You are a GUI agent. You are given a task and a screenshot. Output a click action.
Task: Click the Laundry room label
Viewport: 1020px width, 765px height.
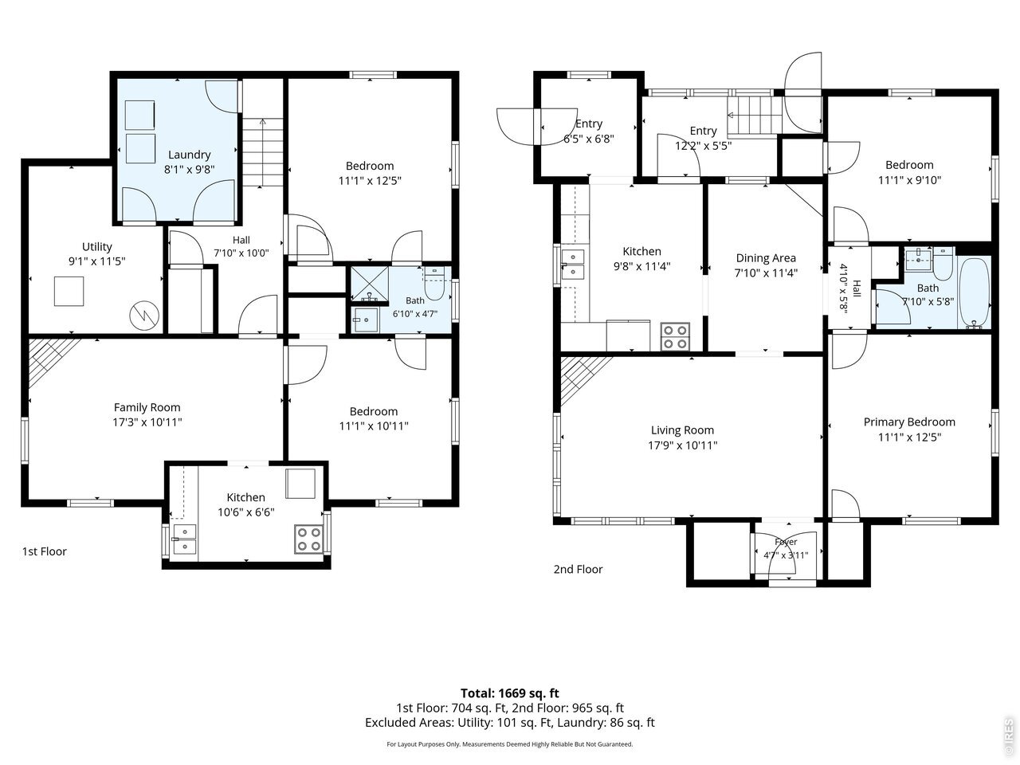click(189, 155)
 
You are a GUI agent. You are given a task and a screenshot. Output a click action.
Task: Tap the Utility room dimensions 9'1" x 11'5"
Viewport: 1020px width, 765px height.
click(97, 261)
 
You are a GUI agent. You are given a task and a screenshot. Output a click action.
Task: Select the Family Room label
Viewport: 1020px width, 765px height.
click(147, 407)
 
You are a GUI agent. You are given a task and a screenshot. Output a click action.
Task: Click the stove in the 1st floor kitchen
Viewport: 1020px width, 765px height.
click(308, 539)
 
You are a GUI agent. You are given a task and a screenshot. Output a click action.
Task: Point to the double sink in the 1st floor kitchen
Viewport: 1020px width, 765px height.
click(185, 539)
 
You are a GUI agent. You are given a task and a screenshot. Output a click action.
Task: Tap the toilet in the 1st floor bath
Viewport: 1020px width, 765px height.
click(434, 284)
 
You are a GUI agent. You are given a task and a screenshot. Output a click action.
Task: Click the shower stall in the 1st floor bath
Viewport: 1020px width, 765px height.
click(369, 284)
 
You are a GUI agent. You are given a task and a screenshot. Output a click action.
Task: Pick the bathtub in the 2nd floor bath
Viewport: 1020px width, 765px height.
click(974, 292)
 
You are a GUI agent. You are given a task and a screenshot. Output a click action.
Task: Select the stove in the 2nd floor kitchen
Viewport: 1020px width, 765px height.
click(675, 337)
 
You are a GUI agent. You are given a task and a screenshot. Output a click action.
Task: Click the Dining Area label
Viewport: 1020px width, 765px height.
click(766, 257)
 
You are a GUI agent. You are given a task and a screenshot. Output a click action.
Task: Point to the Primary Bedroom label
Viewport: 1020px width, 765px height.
click(909, 422)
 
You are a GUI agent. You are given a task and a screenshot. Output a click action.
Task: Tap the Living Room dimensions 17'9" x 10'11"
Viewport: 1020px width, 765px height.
click(683, 445)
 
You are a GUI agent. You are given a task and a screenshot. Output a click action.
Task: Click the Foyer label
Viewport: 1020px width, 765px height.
click(786, 542)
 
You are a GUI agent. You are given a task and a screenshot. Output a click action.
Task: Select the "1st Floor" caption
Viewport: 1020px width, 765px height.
click(45, 551)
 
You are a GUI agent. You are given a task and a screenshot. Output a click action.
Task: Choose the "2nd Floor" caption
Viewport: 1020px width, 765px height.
click(578, 569)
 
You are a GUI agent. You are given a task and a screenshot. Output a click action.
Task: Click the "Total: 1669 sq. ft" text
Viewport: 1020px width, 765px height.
click(510, 693)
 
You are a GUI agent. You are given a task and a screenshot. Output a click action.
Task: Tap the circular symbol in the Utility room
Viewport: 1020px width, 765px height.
click(144, 316)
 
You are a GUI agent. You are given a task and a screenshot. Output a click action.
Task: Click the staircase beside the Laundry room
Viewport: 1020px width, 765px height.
click(262, 152)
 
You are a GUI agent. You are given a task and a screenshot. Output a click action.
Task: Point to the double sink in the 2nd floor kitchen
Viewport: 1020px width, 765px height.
click(572, 264)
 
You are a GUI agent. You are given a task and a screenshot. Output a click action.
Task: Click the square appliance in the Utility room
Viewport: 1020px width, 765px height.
click(69, 291)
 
